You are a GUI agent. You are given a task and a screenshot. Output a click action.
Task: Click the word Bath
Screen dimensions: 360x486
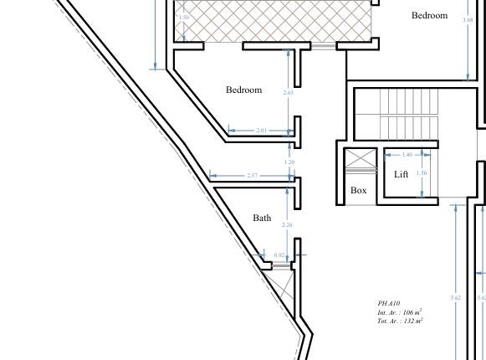(262, 218)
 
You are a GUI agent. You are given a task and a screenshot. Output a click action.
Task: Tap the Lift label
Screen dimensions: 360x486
(402, 174)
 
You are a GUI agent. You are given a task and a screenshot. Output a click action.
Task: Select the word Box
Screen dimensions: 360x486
(359, 190)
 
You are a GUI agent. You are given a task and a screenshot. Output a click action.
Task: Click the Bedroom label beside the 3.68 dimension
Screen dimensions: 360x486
(429, 15)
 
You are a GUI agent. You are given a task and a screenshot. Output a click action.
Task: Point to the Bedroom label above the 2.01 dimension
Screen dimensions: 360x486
(243, 90)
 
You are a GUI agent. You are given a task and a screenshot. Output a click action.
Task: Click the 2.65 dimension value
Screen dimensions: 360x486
(289, 92)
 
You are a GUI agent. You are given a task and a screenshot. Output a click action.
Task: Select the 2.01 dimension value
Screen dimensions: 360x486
(261, 131)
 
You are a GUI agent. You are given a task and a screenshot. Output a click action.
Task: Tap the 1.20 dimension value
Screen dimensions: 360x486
(289, 162)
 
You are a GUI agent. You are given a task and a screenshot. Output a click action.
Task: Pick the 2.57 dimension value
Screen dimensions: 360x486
(253, 175)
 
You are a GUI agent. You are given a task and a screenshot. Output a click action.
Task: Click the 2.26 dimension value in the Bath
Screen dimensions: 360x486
(288, 224)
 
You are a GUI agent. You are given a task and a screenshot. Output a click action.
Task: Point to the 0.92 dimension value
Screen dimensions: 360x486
(279, 255)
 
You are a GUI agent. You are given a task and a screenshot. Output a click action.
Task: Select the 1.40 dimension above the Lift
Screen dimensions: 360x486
(407, 154)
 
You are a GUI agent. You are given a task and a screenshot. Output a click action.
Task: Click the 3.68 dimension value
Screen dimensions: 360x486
(468, 19)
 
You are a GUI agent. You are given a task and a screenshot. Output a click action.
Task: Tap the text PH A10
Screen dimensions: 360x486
(389, 303)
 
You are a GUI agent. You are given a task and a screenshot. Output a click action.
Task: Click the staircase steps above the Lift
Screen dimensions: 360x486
(409, 114)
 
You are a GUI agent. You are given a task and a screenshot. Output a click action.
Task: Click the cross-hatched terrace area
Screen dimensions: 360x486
(272, 21)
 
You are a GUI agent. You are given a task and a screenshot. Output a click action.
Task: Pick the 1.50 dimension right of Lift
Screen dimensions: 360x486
(422, 173)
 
